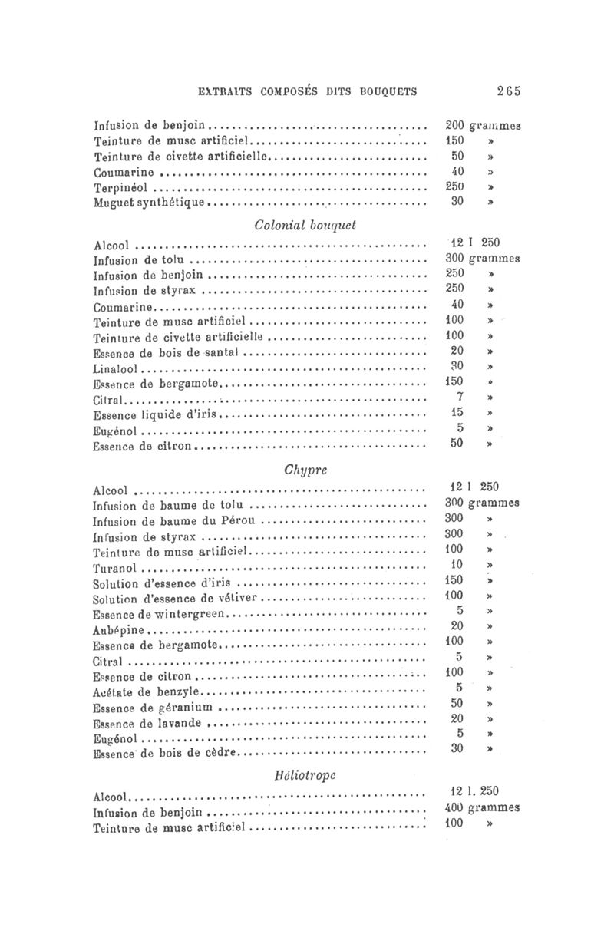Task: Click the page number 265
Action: (508, 91)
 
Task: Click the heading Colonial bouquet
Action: (306, 226)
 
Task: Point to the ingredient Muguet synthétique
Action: (150, 203)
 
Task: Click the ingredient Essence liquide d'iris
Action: (156, 414)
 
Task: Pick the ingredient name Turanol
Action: (114, 569)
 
